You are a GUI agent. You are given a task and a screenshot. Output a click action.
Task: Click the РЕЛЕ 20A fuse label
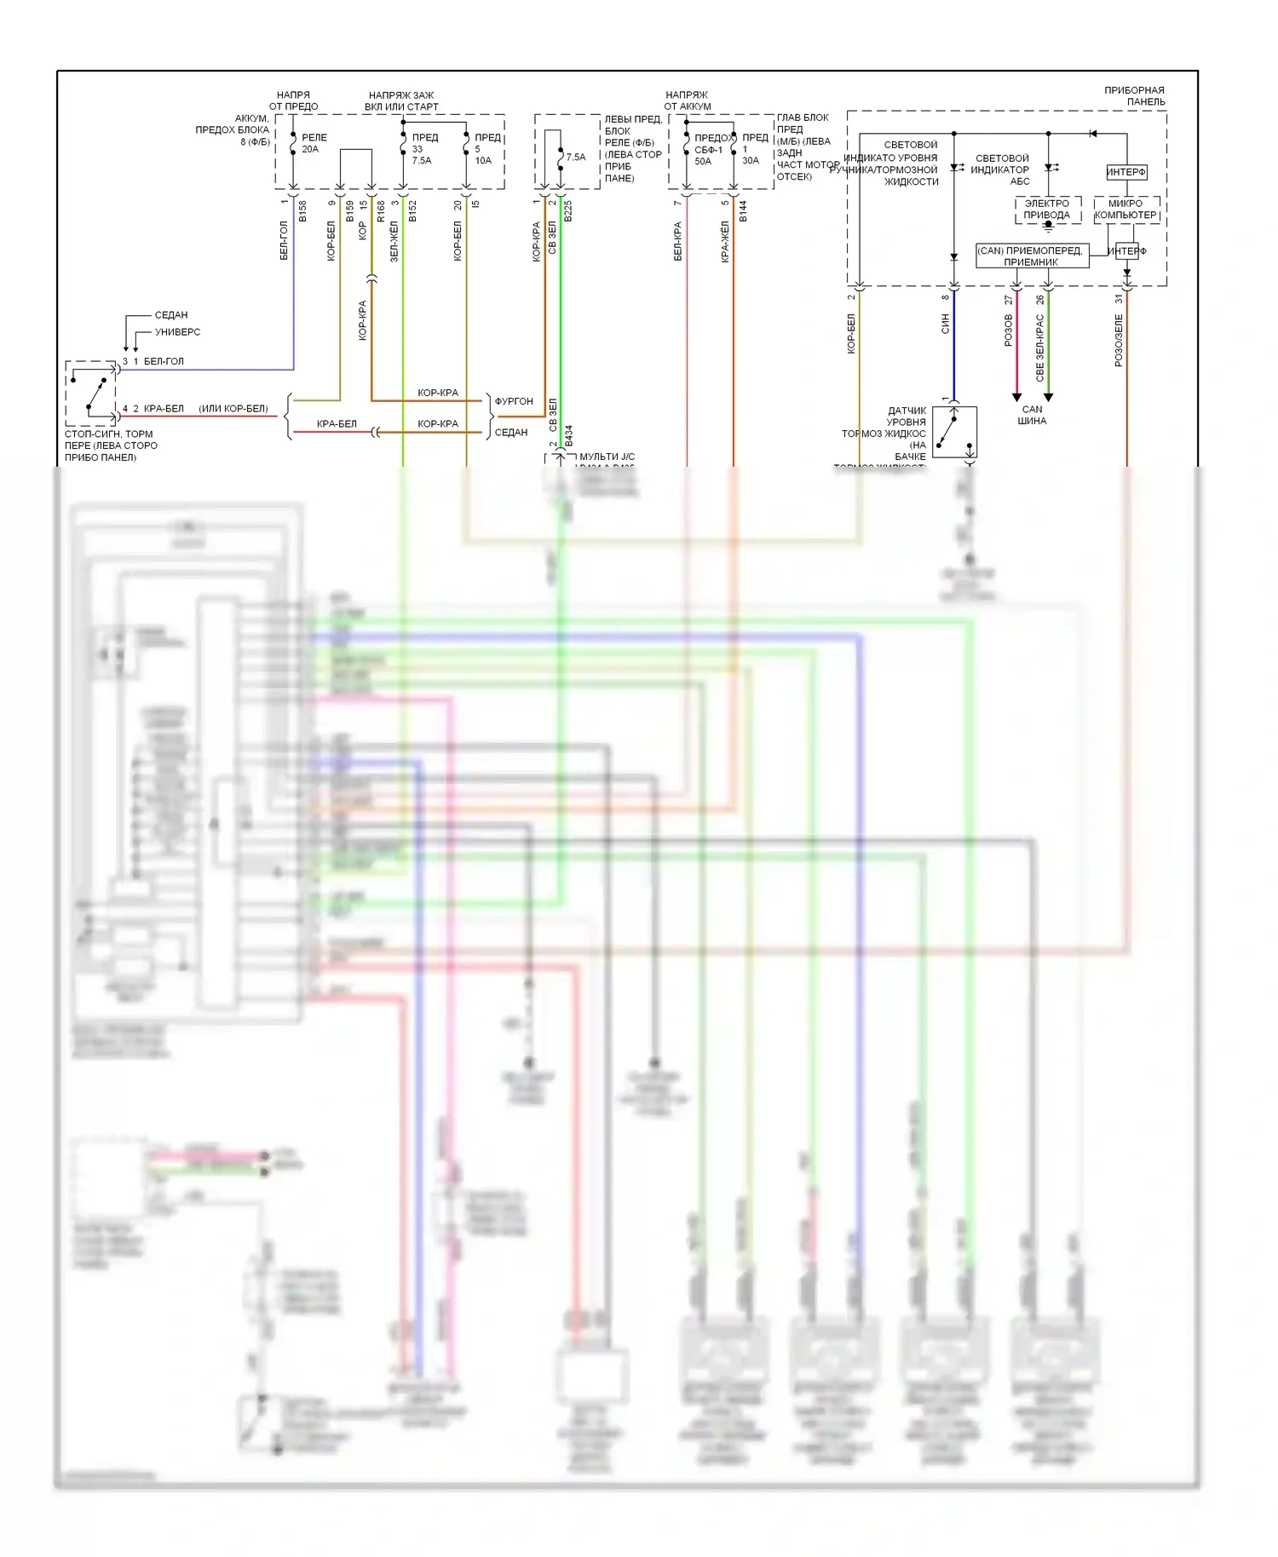coord(312,143)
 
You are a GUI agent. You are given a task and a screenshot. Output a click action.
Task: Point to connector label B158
coord(302,211)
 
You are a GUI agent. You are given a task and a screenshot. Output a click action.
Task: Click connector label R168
coord(381,211)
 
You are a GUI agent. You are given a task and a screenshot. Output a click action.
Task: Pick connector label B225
coord(568,211)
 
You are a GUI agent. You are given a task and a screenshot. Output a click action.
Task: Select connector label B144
coord(743,211)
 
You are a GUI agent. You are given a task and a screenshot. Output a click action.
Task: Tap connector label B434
coord(568,435)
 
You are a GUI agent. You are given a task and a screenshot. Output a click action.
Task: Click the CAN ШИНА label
coord(1032,415)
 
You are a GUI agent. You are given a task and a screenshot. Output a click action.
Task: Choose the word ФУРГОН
coord(514,401)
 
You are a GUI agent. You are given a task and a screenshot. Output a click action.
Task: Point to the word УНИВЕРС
coord(177,332)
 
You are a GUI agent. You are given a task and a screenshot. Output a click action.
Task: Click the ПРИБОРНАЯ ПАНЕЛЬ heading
coord(1134,95)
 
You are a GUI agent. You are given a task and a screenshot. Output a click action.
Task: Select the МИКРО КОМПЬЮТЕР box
coord(1125,210)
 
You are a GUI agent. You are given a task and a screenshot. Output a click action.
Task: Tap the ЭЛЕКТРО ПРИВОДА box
coord(1046,210)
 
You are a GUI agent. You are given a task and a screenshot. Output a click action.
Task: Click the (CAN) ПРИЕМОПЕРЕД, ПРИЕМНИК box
coord(1031,256)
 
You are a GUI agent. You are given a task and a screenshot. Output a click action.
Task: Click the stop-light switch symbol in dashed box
coord(91,393)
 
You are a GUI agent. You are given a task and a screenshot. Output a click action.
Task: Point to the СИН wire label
coord(945,324)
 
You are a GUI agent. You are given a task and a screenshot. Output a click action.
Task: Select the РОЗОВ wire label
coord(1009,330)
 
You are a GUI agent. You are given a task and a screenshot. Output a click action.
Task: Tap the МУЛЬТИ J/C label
coord(607,457)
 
